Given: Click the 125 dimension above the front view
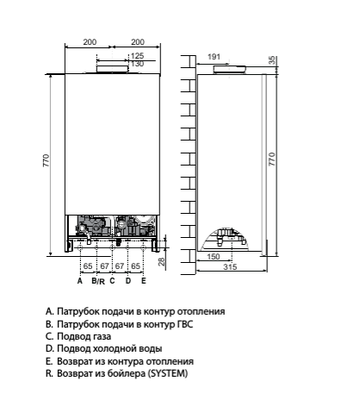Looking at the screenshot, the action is (x=136, y=56).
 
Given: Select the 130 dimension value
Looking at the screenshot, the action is (x=136, y=64).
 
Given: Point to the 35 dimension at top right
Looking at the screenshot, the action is (x=275, y=60).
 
